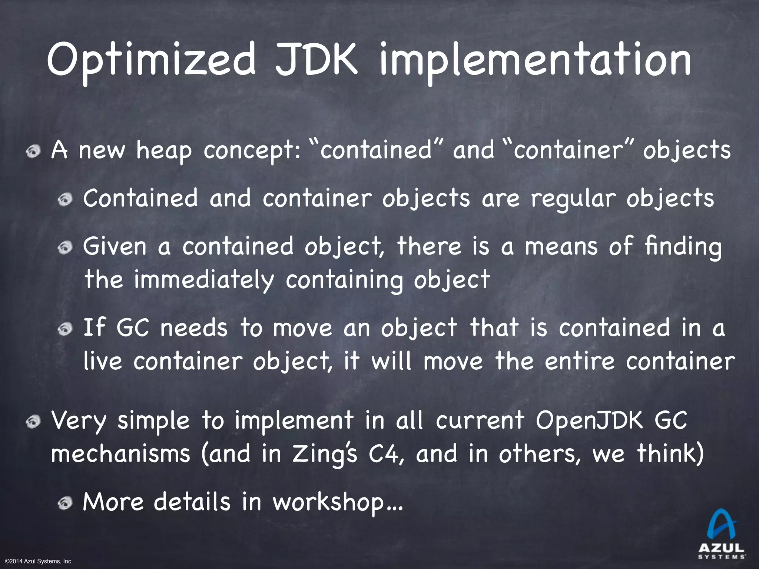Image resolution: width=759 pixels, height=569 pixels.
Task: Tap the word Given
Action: pos(115,246)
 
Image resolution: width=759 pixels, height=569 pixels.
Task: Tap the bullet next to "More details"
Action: pos(66,503)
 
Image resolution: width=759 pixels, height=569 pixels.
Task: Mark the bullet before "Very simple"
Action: pos(35,422)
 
